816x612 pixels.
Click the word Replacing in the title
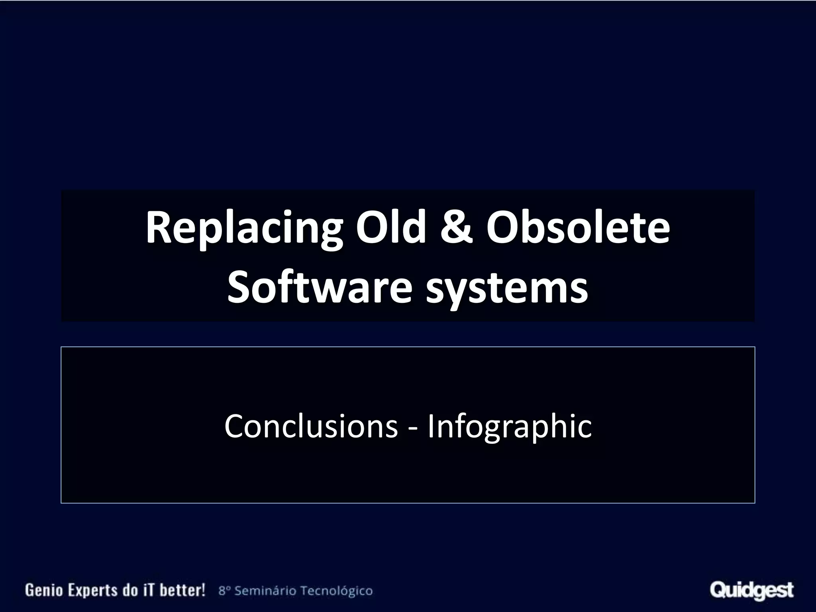(243, 229)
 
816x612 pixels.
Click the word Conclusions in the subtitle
(311, 426)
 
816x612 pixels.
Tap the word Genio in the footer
(41, 590)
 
